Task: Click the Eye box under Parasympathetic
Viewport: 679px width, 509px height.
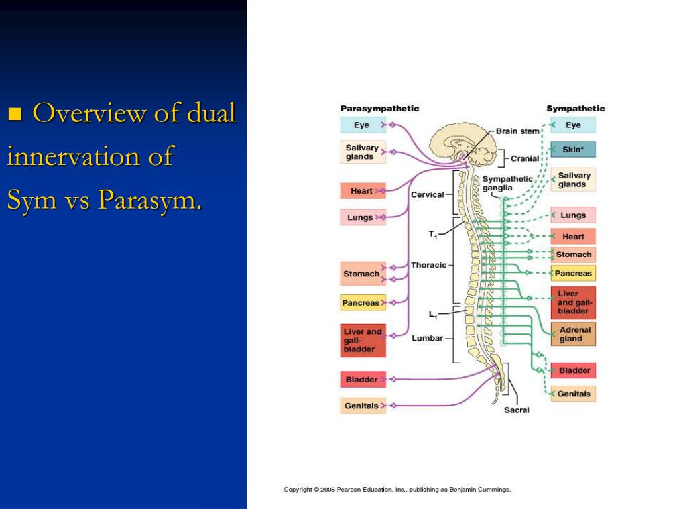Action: click(362, 125)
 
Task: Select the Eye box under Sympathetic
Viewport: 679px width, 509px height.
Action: click(573, 125)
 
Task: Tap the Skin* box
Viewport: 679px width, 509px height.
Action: click(573, 150)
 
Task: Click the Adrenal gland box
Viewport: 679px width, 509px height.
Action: click(573, 334)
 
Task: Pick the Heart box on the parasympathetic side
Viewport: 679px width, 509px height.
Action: click(362, 191)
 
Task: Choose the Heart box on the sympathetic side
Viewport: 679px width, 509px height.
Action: click(573, 237)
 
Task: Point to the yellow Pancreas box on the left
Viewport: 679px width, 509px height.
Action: click(362, 303)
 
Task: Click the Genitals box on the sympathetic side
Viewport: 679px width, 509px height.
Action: click(573, 394)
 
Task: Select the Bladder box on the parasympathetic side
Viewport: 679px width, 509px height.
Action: click(362, 380)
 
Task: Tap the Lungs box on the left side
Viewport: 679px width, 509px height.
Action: click(362, 217)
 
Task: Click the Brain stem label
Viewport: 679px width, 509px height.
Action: click(518, 131)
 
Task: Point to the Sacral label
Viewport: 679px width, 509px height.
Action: click(517, 410)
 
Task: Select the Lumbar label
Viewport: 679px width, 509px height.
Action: click(427, 338)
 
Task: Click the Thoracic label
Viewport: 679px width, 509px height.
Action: click(428, 265)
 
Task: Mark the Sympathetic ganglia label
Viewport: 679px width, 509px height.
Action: click(507, 184)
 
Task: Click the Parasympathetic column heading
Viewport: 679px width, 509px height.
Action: click(379, 109)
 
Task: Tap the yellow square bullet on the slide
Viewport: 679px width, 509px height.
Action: click(15, 114)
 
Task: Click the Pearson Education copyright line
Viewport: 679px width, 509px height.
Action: click(397, 490)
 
